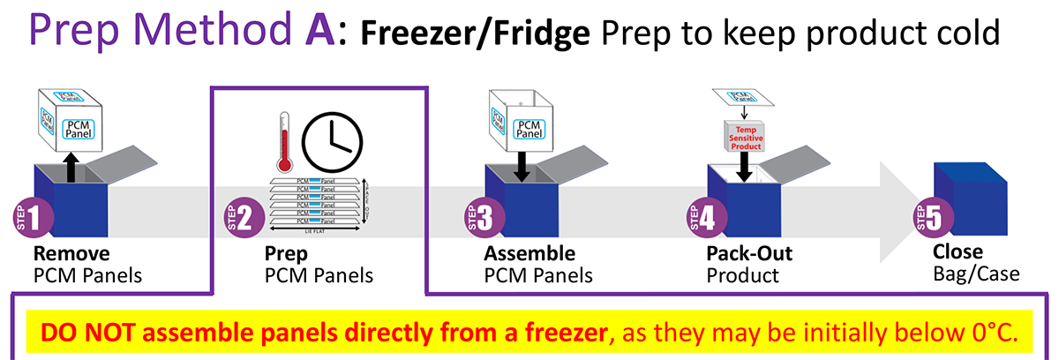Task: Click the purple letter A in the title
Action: [x=315, y=33]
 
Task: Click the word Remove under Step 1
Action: [x=71, y=254]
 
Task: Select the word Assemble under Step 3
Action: [x=529, y=254]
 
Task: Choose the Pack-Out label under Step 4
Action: [x=749, y=254]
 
